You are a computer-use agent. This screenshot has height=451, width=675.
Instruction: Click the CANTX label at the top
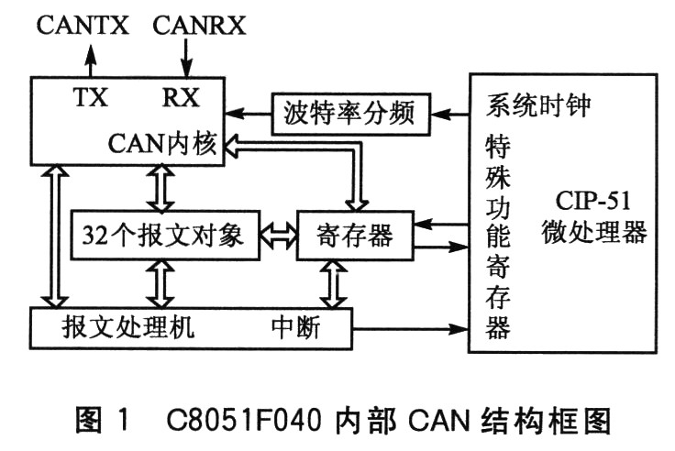[83, 25]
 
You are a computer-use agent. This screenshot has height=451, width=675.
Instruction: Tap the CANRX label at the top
[199, 25]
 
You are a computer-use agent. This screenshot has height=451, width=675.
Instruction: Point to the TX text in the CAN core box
[91, 97]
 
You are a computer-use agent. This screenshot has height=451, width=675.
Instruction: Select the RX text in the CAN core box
[181, 97]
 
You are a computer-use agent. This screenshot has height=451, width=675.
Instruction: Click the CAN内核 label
[162, 143]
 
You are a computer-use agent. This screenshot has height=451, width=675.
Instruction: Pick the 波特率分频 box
[351, 114]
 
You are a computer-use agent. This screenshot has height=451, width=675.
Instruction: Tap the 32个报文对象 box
[165, 235]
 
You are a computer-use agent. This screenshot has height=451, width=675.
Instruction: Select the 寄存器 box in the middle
[356, 236]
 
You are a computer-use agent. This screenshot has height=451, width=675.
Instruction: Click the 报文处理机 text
[127, 327]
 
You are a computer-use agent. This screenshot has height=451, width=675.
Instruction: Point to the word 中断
[295, 327]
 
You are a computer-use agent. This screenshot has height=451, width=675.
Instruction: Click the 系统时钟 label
[538, 105]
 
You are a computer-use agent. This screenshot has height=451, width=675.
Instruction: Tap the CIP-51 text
[592, 201]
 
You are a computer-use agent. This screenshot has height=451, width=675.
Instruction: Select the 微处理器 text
[594, 232]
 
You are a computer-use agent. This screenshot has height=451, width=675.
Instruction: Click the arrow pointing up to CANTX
[91, 60]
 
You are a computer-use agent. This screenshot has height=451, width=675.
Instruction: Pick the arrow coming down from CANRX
[186, 59]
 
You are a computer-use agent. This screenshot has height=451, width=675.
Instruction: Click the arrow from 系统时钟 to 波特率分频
[450, 115]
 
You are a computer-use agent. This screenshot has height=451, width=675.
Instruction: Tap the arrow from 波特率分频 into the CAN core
[248, 114]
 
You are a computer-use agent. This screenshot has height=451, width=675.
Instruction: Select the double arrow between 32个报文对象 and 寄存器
[279, 236]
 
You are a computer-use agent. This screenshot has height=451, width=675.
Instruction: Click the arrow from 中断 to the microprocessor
[410, 329]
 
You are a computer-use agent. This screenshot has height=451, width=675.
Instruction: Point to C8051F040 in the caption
[244, 420]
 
